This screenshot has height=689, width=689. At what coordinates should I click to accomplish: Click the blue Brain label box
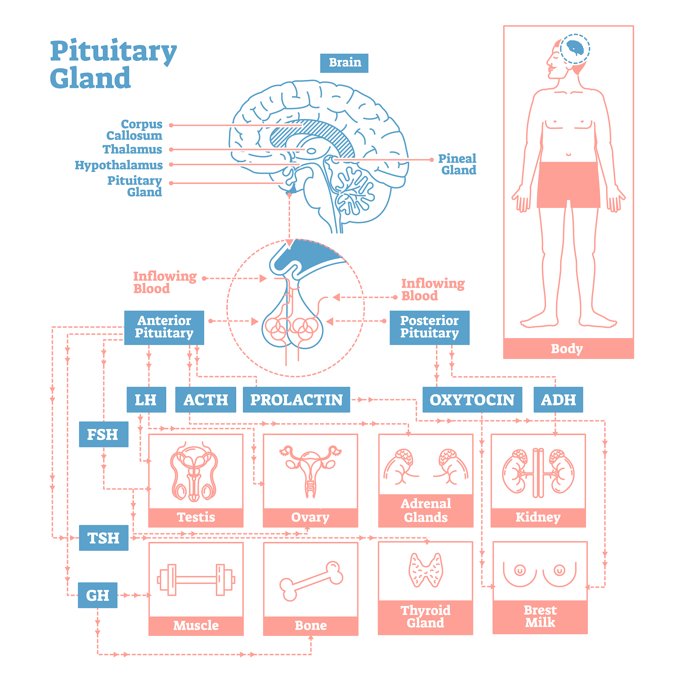(344, 63)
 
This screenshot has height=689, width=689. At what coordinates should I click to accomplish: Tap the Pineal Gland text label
(458, 164)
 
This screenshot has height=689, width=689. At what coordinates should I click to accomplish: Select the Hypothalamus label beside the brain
(118, 165)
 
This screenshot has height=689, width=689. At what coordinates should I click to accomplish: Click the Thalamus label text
(132, 149)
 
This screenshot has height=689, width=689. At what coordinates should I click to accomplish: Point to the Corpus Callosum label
(135, 130)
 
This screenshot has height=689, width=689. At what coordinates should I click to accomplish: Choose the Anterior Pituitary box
(164, 327)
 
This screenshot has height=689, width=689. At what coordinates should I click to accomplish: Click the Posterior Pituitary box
(429, 327)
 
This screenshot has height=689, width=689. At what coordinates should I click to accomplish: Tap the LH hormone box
(146, 399)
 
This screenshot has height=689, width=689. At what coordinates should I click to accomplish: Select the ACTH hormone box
(206, 399)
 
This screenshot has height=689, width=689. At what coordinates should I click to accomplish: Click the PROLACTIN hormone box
(296, 399)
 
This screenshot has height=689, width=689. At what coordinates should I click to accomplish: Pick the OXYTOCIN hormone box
(472, 399)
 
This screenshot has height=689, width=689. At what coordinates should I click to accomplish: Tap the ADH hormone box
(558, 399)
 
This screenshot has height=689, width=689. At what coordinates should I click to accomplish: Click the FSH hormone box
(103, 434)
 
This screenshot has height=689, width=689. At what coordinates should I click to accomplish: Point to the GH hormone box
(98, 595)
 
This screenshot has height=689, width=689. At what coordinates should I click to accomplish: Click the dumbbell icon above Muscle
(196, 580)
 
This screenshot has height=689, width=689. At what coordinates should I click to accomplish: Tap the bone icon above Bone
(311, 581)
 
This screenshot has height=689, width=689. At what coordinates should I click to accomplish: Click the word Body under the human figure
(567, 349)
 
